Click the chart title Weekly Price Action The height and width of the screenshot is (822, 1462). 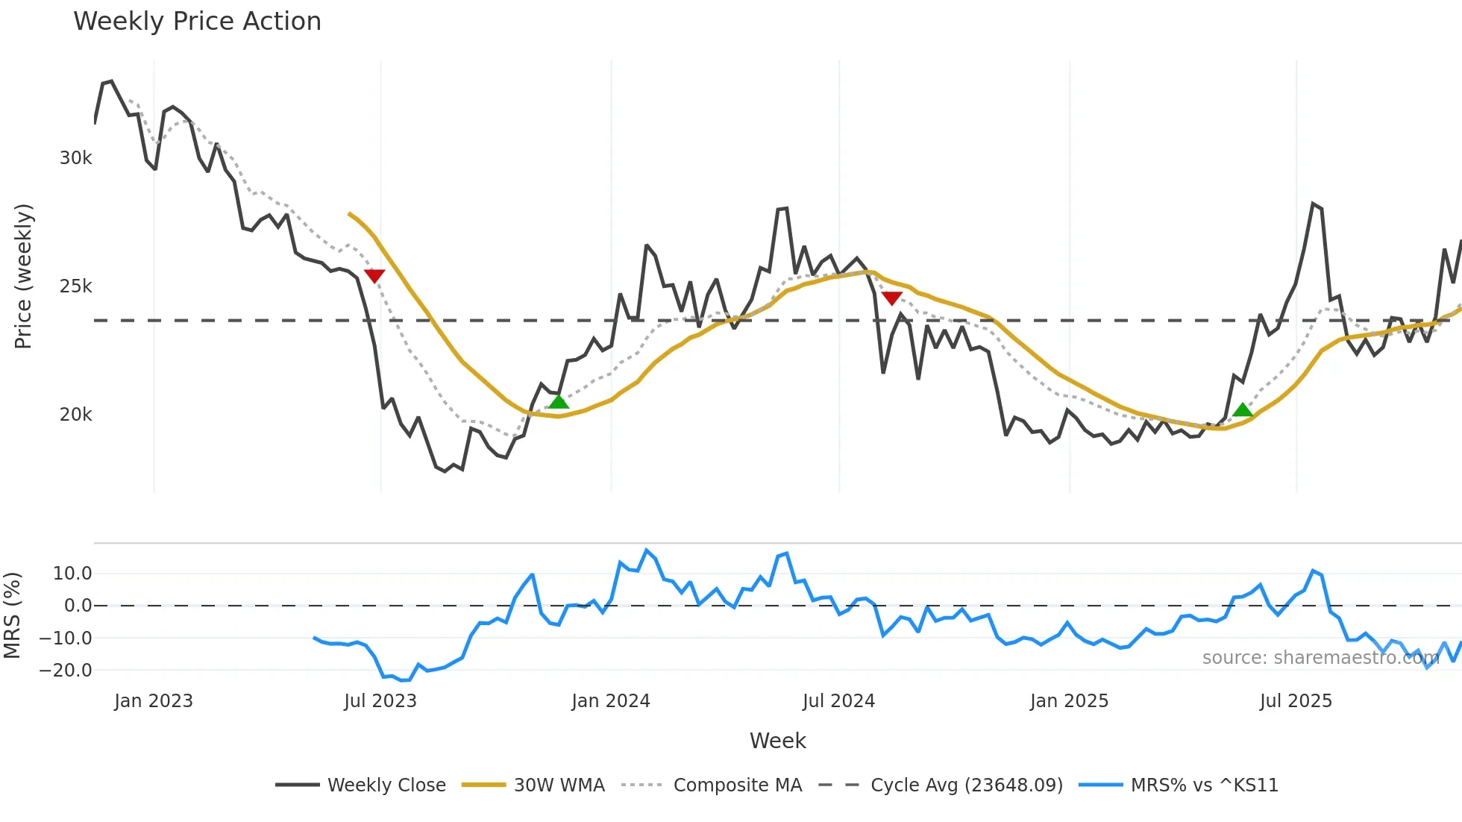(197, 22)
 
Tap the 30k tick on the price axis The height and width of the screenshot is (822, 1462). (76, 158)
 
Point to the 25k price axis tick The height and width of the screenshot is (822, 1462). (76, 286)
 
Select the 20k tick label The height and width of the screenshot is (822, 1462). (76, 415)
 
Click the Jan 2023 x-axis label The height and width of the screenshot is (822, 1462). (154, 701)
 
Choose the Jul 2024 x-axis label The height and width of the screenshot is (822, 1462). (838, 701)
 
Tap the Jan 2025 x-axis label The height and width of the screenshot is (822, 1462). (1069, 701)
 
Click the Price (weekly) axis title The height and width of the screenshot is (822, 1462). (24, 276)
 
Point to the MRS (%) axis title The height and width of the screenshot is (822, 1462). (12, 615)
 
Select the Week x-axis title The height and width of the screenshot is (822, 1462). (777, 741)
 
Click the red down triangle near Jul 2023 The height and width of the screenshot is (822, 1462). (374, 276)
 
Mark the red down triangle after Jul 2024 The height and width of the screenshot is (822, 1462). (891, 298)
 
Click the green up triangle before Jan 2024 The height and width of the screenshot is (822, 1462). (559, 403)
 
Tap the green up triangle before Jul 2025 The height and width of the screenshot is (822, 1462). (1243, 410)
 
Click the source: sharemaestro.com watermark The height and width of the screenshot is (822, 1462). (1320, 658)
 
